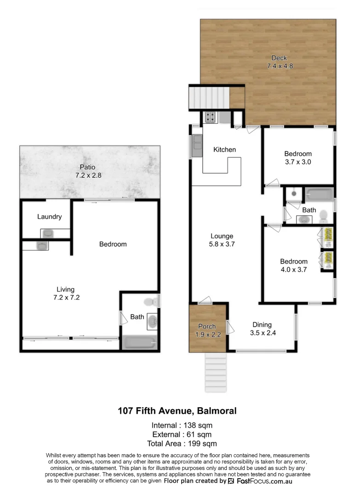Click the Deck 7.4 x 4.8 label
(x=280, y=62)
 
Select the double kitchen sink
(x=196, y=145)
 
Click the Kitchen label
(x=224, y=150)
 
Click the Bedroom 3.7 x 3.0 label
(x=297, y=158)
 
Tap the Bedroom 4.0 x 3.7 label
(x=294, y=265)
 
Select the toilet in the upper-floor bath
(x=323, y=215)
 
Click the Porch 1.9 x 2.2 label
(x=207, y=330)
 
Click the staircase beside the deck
(x=209, y=98)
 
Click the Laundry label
(x=49, y=217)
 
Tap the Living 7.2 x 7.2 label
(x=65, y=294)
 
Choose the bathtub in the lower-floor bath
(x=139, y=343)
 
